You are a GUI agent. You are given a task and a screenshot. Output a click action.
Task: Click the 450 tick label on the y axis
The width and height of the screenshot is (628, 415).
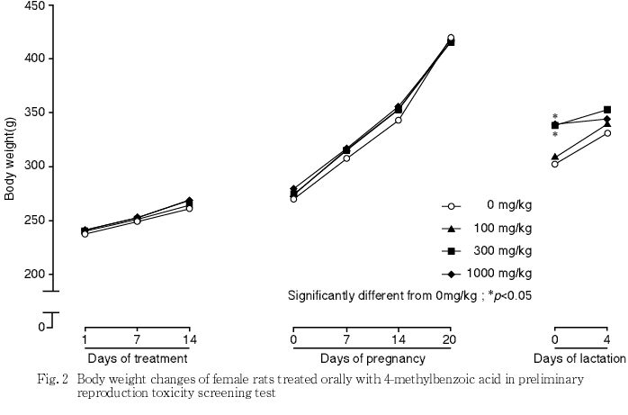[x=33, y=5]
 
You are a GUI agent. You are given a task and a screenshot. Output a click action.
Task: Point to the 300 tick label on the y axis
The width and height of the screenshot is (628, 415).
[x=33, y=167]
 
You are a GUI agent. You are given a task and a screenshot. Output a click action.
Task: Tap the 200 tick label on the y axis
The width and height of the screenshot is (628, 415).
[x=33, y=274]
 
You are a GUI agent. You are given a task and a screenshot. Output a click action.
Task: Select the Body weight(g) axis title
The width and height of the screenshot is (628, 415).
[x=10, y=158]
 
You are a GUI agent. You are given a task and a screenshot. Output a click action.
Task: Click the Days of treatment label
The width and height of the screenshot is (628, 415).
[x=136, y=358]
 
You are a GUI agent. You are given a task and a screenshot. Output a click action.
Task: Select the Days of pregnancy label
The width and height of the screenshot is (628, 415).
[x=372, y=358]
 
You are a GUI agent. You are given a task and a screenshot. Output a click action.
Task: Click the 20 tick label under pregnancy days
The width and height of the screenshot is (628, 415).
[x=450, y=339]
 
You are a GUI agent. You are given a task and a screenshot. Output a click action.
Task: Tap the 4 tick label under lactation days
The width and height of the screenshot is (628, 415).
[x=607, y=339]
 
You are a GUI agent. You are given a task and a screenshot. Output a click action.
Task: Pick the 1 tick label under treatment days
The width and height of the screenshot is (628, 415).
[x=84, y=339]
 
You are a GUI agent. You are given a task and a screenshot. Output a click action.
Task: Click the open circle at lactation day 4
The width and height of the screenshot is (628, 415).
[x=607, y=133]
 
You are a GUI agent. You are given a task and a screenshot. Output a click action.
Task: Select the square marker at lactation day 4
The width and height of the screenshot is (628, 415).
[x=607, y=110]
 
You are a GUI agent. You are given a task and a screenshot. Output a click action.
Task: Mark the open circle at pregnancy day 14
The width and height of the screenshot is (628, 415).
[x=398, y=120]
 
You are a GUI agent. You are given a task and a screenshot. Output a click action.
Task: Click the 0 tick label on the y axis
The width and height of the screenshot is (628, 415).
[x=40, y=327]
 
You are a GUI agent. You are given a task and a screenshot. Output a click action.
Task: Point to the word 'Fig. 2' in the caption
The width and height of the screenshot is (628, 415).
[x=58, y=380]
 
